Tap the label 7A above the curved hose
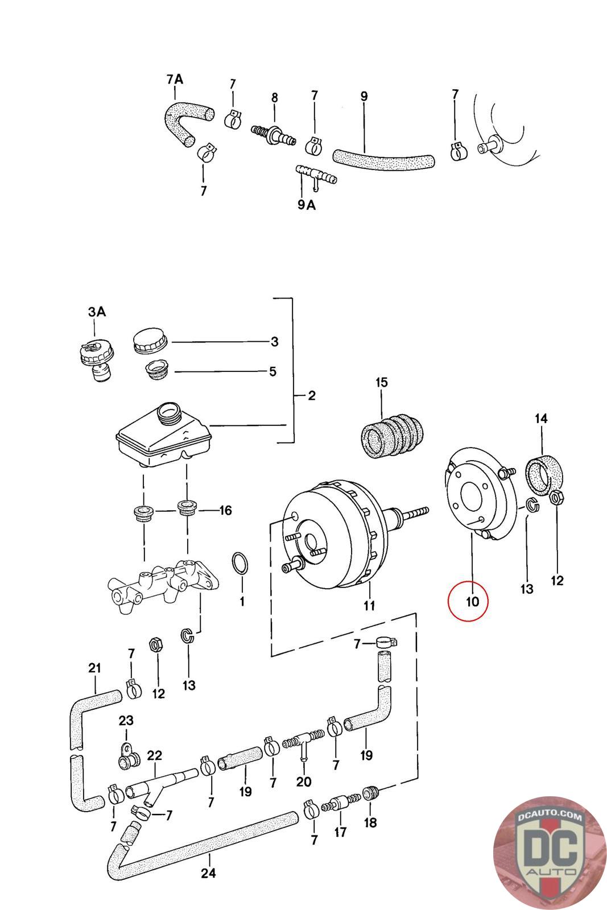[175, 79]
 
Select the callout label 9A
[306, 205]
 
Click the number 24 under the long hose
[208, 873]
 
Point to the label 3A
[97, 312]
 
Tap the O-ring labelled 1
[240, 564]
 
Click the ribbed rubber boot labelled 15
[392, 436]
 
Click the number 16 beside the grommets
[225, 510]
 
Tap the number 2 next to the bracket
[312, 395]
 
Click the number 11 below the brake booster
[369, 606]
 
